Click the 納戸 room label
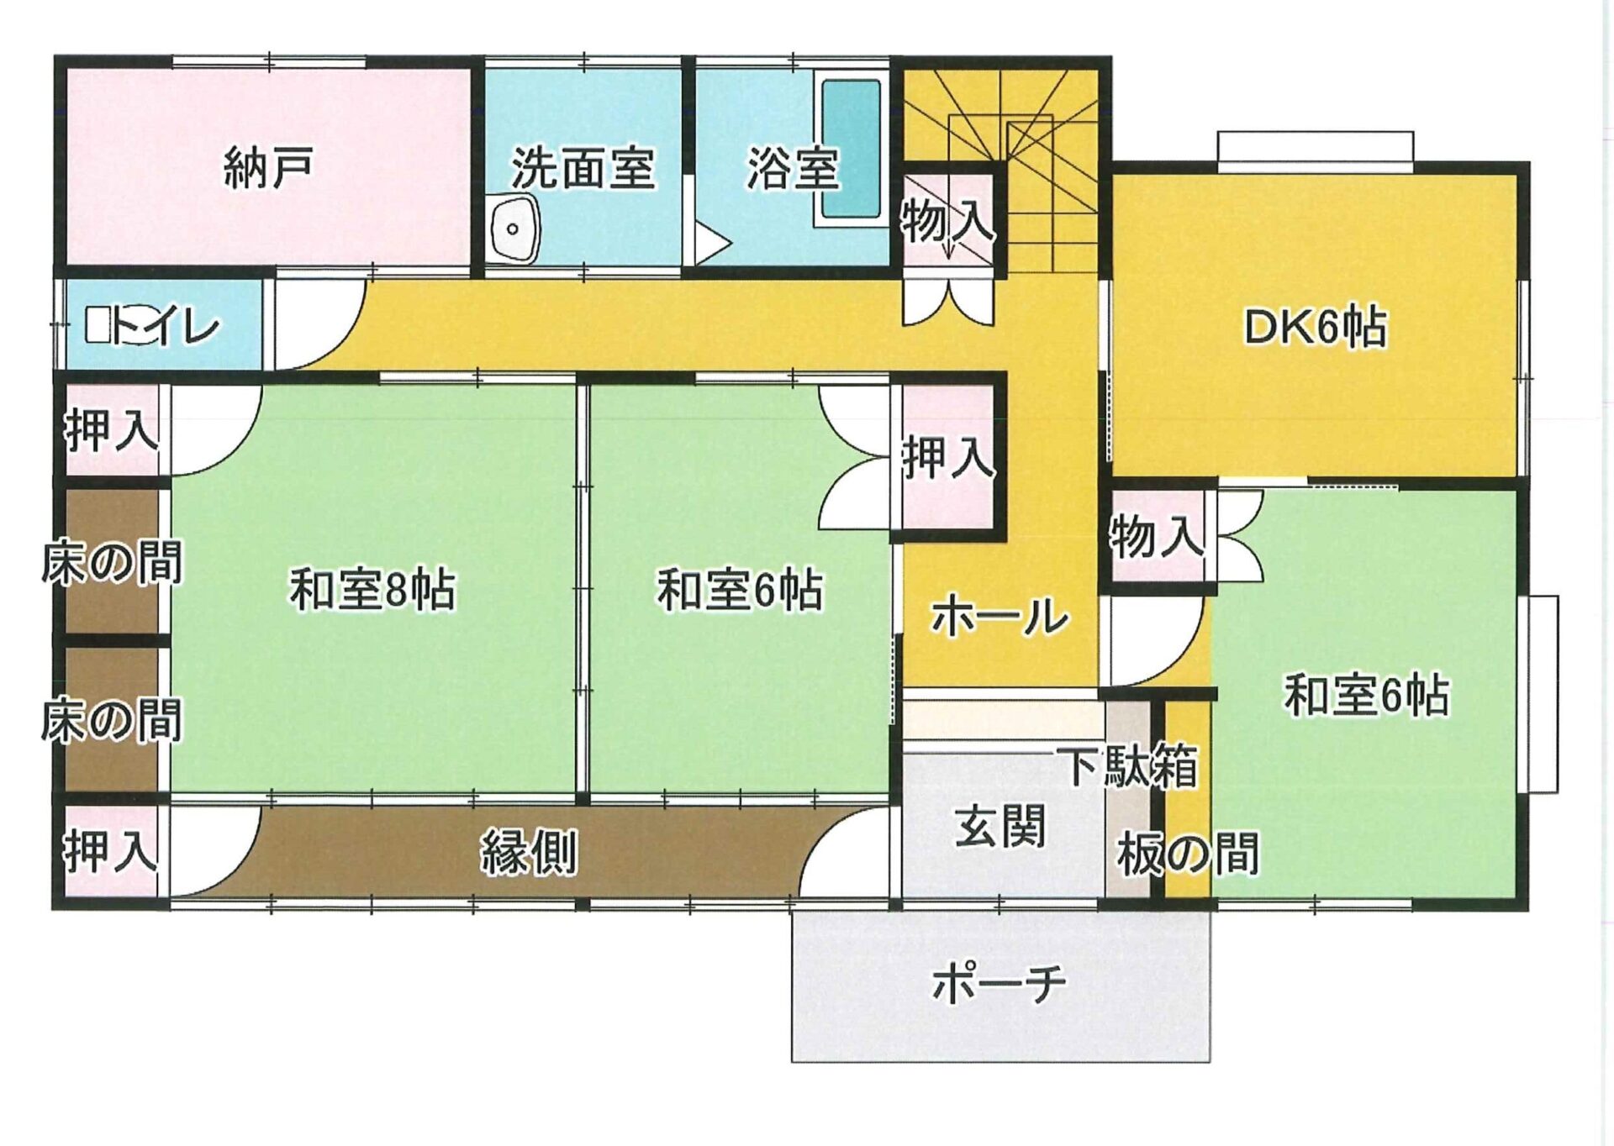(269, 167)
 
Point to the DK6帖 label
(1315, 327)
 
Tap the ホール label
(1000, 618)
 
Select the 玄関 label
(1000, 826)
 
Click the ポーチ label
(1000, 982)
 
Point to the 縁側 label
(529, 854)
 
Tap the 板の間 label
(1188, 854)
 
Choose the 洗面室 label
(583, 167)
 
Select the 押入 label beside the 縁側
(111, 850)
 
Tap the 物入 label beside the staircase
(948, 220)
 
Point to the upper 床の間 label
(112, 562)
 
